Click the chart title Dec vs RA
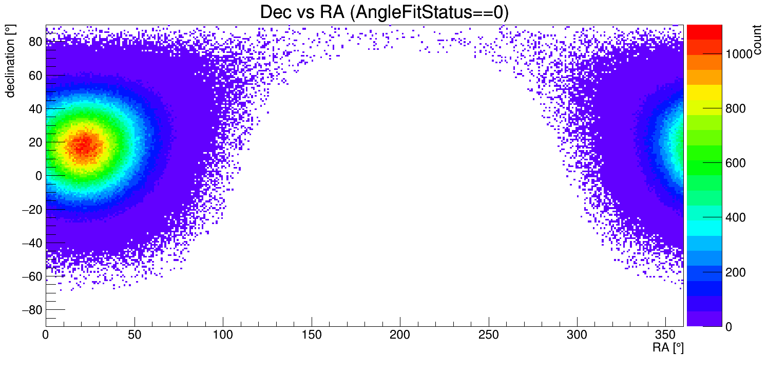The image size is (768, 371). [x=384, y=12]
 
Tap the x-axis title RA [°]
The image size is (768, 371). [x=668, y=348]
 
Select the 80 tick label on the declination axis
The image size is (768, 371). [x=35, y=42]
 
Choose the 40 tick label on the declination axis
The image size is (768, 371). [x=35, y=109]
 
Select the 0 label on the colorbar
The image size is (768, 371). [x=728, y=327]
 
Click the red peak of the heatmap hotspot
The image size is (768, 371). [x=85, y=145]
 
